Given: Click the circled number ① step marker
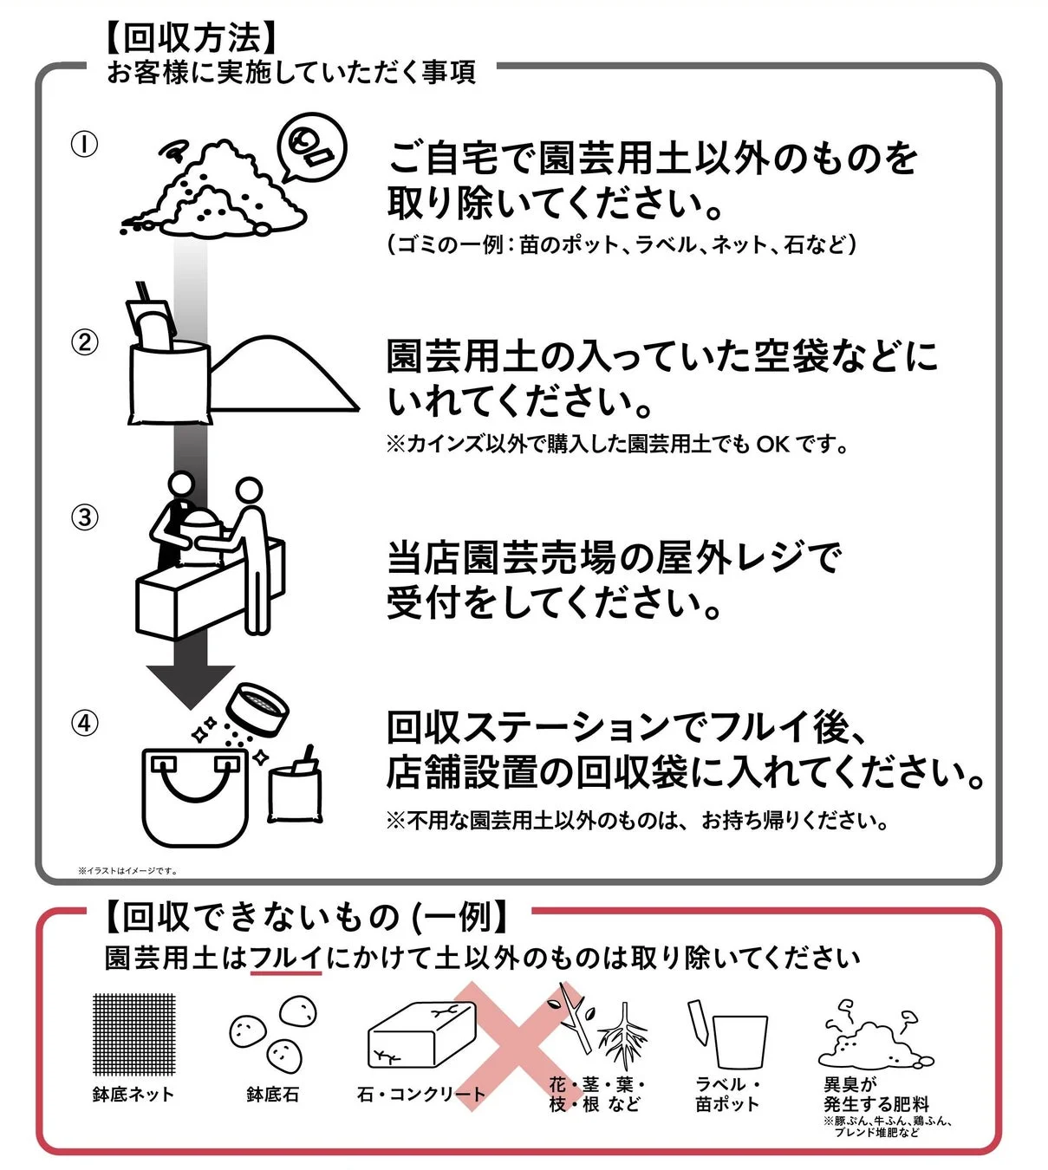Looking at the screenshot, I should point(84,145).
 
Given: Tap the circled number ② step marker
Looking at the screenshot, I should point(84,342).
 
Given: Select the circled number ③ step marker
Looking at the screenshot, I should point(84,517).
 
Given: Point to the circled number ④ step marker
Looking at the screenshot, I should point(84,723).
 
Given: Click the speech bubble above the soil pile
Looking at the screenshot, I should point(311,147).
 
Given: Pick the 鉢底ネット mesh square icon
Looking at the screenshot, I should point(133,1034).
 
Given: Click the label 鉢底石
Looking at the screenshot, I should point(272,1095).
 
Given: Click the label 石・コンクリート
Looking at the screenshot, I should point(421,1095).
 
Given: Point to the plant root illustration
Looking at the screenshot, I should point(622,1036).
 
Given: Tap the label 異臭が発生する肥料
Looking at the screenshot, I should point(876,1095).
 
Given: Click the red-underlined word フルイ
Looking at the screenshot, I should point(286,959).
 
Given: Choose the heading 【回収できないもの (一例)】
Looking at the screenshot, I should point(308,916).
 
